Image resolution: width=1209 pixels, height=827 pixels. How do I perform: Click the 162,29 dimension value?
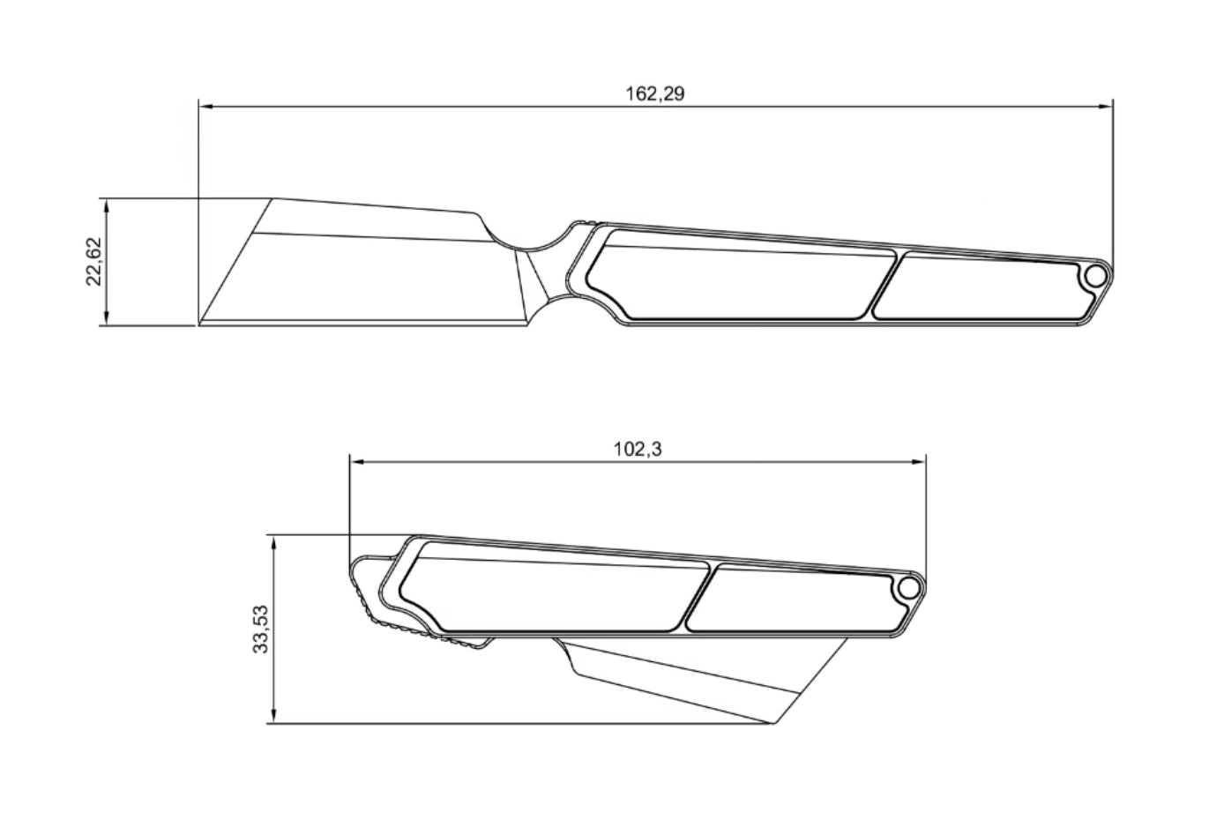(x=654, y=93)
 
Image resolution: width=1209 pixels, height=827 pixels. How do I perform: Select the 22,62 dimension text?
(x=93, y=262)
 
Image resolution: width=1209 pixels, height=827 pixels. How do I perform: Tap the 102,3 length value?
(x=638, y=449)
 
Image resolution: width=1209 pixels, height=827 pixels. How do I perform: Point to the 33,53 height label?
(x=261, y=630)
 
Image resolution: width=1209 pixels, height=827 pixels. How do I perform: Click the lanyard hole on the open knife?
(x=1095, y=277)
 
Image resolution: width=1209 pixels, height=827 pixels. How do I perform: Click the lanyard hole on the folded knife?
(x=909, y=588)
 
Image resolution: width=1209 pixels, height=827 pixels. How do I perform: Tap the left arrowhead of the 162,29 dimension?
(x=205, y=107)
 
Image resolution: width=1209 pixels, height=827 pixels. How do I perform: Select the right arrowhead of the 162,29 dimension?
(x=1105, y=107)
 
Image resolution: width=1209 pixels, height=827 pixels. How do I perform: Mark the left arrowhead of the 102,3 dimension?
(x=357, y=462)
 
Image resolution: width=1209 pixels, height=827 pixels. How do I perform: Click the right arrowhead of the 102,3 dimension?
(x=919, y=462)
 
